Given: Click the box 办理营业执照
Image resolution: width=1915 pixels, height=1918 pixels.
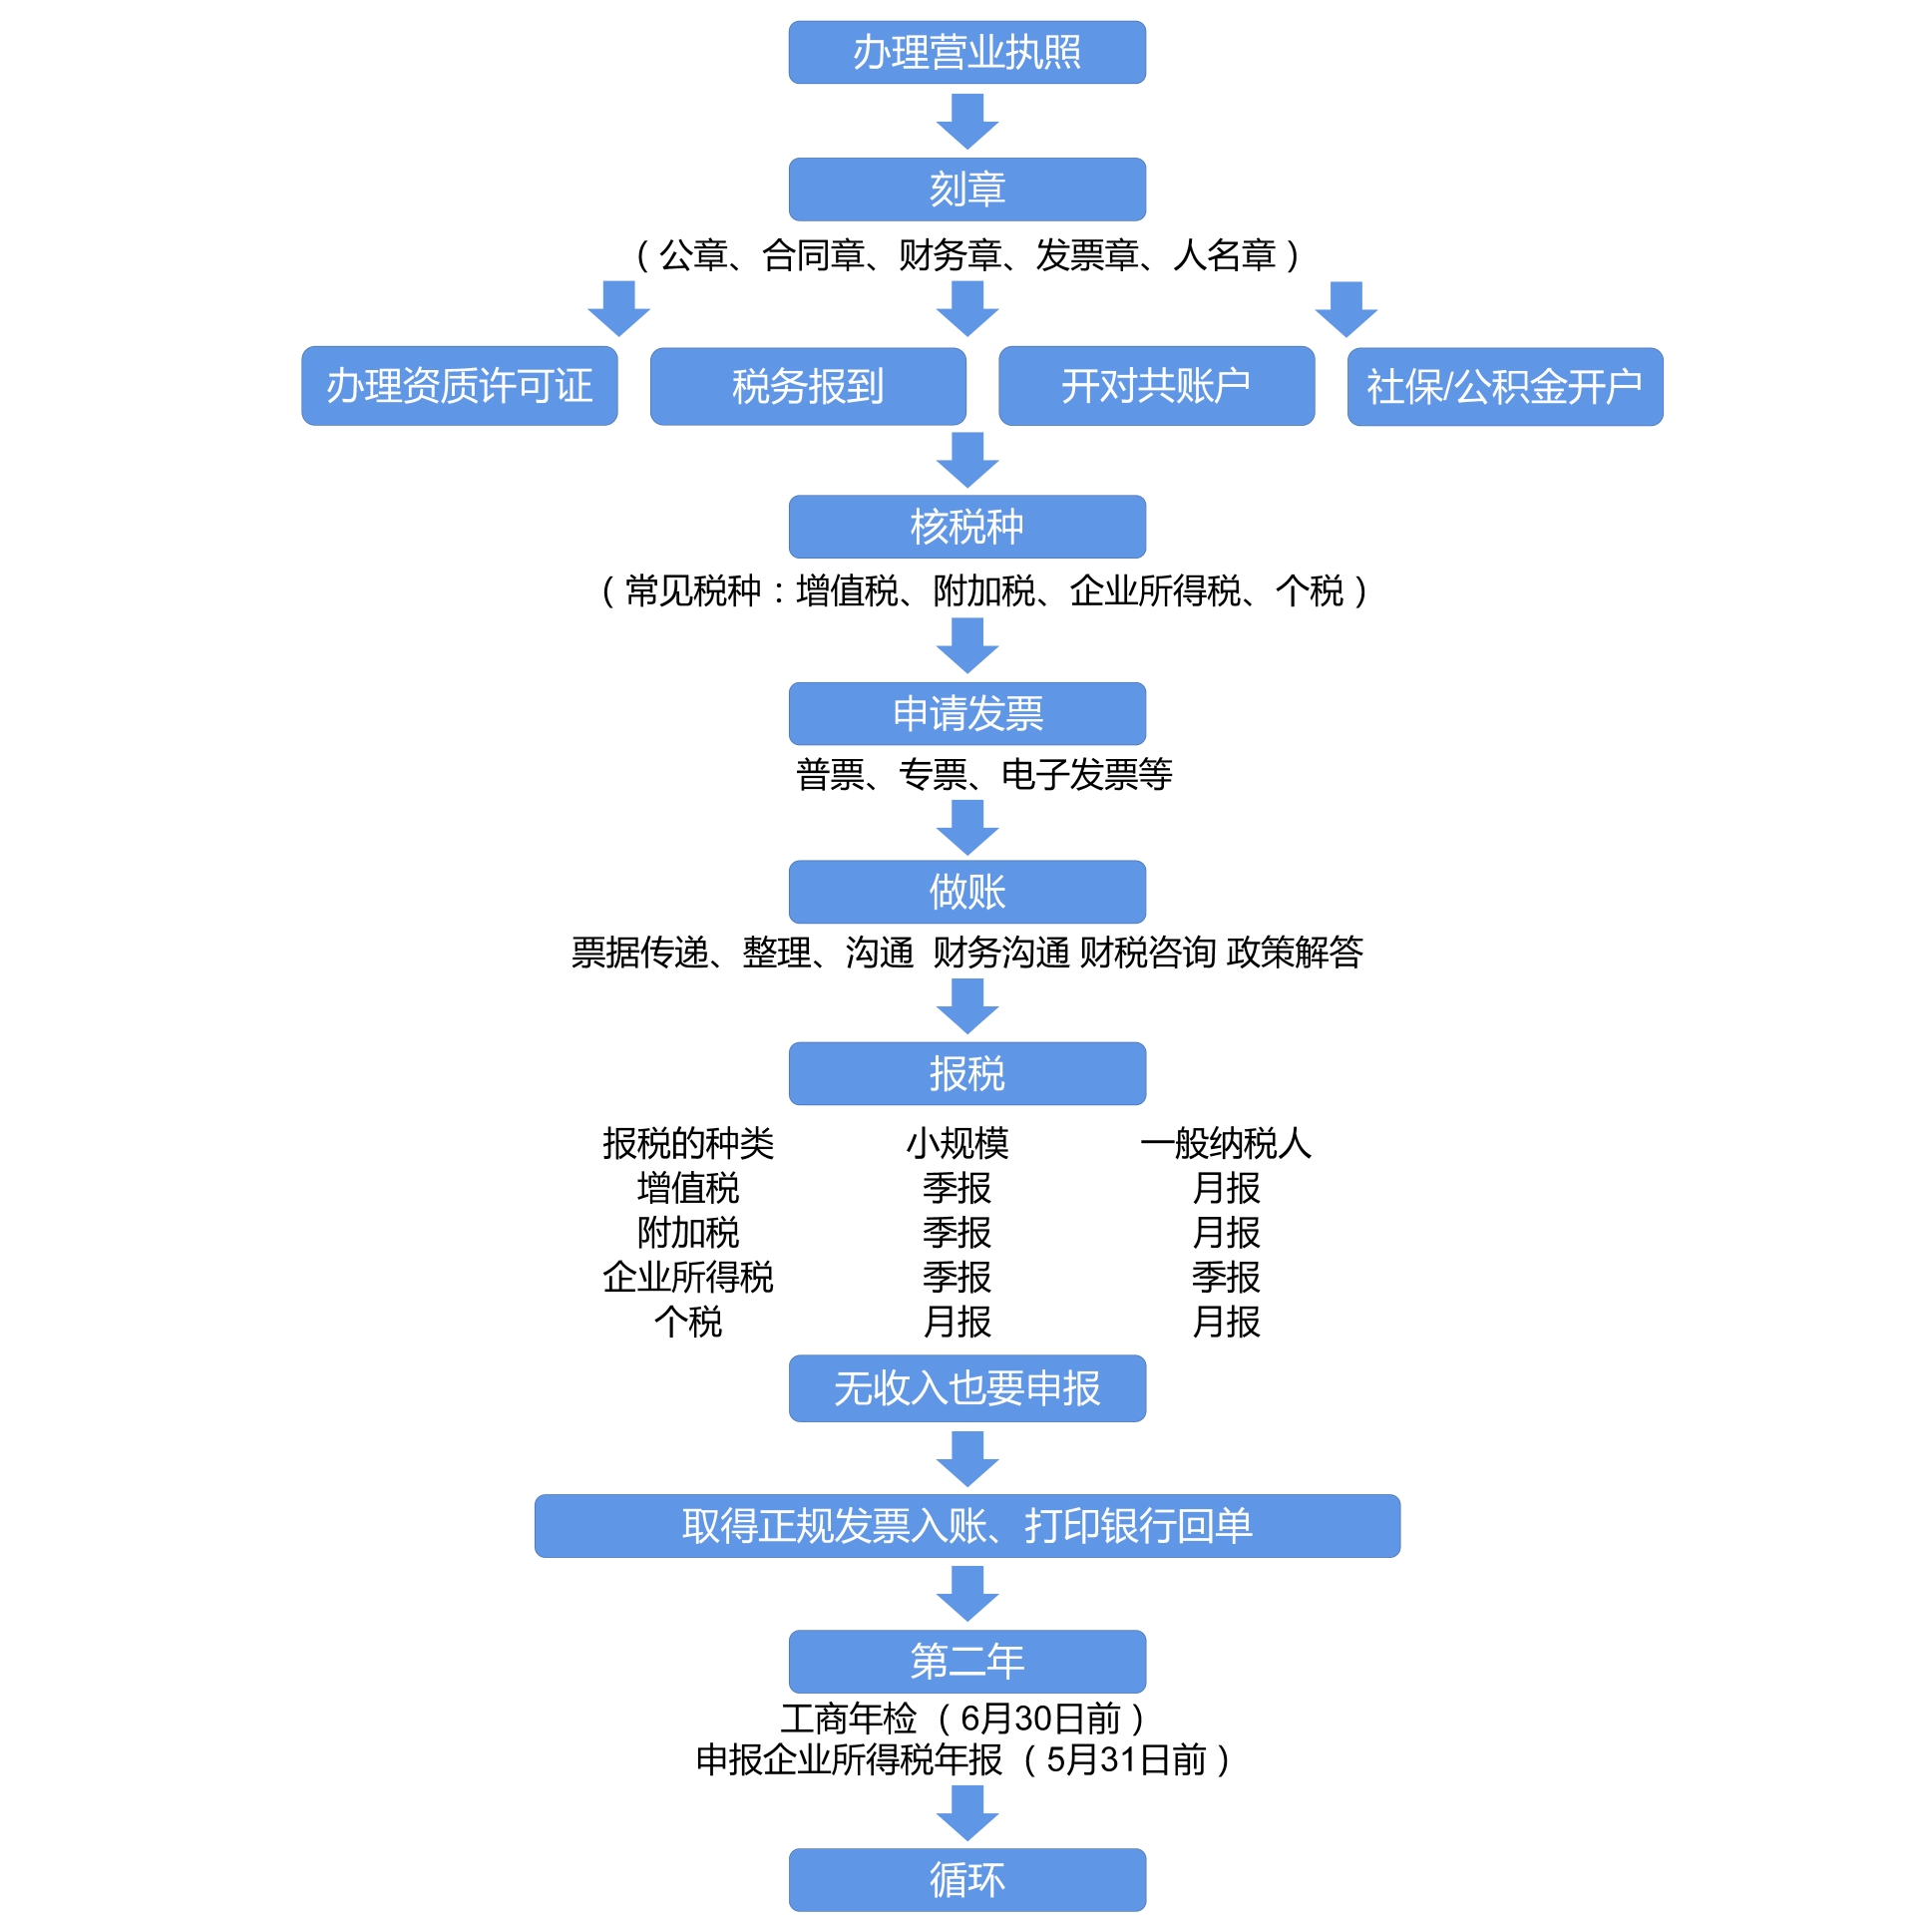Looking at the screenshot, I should [x=966, y=52].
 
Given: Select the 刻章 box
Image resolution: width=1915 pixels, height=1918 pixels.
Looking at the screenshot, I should [x=966, y=189].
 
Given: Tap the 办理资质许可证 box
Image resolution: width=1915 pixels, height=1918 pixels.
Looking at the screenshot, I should [x=459, y=386].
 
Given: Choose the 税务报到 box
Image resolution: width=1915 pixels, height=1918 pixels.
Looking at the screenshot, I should [x=807, y=387].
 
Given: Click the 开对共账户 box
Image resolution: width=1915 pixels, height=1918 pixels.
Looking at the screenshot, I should [x=1155, y=386].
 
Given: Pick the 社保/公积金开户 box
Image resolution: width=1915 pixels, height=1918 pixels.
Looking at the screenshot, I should [x=1504, y=387].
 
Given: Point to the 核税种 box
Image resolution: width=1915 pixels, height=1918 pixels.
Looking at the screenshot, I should [x=966, y=527].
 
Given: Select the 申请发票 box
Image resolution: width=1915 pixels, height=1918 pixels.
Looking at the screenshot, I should [x=966, y=713].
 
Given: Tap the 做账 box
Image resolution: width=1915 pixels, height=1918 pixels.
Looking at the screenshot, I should [x=966, y=892].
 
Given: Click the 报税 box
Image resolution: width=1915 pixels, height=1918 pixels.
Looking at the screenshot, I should [x=966, y=1073].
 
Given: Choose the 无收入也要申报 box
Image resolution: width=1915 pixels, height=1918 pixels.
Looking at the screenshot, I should [x=966, y=1387].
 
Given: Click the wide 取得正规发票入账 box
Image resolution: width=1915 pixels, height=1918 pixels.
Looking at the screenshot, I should [x=966, y=1525].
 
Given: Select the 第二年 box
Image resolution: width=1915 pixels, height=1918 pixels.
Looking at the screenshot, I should [x=966, y=1661].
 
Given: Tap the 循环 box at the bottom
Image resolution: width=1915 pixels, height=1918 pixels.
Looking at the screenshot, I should [x=966, y=1879].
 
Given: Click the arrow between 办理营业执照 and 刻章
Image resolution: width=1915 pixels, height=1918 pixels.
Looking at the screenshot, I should [x=966, y=121].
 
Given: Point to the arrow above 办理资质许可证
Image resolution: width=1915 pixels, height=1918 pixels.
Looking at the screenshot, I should [x=618, y=308].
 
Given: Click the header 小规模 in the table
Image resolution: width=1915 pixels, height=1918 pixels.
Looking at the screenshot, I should [x=957, y=1143].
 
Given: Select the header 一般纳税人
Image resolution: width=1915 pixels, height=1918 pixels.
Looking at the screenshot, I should [x=1226, y=1143].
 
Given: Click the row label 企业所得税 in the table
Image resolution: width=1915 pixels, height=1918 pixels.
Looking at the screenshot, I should [x=687, y=1277].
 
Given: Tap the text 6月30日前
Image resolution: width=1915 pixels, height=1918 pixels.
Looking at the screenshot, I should [x=1040, y=1719].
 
